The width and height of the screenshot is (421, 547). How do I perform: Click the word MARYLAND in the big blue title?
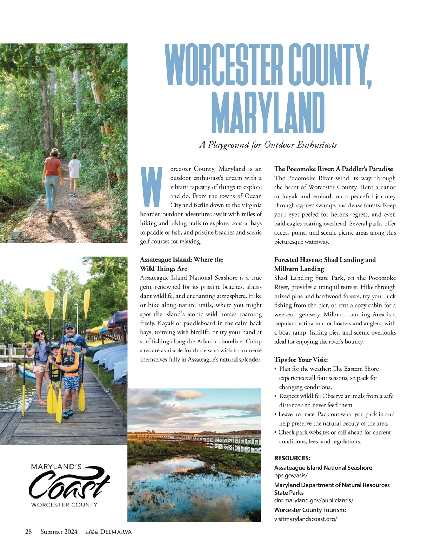point(268,113)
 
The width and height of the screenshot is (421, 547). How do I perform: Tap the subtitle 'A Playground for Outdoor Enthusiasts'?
point(268,145)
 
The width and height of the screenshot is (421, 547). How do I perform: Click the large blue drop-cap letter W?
point(152,187)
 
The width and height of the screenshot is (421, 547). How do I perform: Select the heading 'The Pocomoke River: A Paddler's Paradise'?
point(333,169)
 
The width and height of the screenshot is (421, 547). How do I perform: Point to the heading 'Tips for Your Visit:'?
point(301,360)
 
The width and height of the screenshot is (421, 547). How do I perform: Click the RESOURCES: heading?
point(292,458)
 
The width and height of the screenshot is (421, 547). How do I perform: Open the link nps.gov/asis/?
point(291,475)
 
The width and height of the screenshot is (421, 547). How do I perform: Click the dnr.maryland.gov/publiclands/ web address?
point(313,500)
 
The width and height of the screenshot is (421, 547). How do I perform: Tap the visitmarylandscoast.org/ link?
point(305,519)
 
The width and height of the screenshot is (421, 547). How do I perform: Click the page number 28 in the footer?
point(28,532)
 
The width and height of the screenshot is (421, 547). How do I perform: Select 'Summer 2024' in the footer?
point(59,532)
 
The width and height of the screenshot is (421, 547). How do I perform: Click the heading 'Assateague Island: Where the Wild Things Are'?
point(181,264)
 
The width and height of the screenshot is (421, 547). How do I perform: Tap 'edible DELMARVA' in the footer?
point(108,532)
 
